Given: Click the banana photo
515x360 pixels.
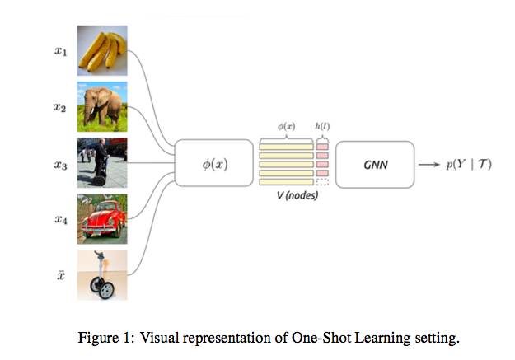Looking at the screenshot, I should click(x=104, y=50).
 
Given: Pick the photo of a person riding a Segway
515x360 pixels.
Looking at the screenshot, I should click(x=104, y=164).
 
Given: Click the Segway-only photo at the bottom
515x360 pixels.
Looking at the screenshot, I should click(x=104, y=277).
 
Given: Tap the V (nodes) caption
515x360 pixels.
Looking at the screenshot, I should click(x=294, y=198).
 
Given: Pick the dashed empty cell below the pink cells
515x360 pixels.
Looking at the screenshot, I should click(x=322, y=182).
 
